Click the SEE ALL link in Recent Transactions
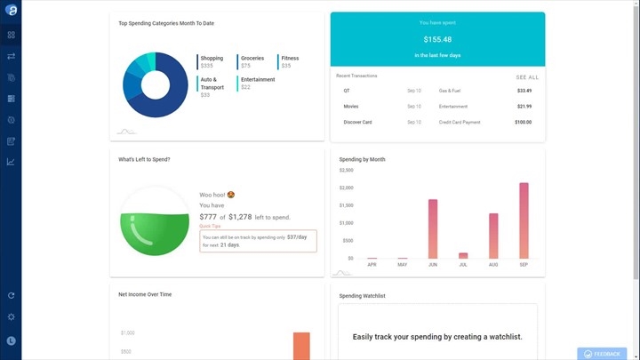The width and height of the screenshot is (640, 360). click(527, 77)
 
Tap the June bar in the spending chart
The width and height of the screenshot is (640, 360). click(433, 228)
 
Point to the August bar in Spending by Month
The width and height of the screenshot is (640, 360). click(493, 236)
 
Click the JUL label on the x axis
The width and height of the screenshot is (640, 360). click(463, 265)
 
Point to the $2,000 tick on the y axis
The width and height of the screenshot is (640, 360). click(346, 188)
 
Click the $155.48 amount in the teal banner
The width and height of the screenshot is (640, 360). click(437, 40)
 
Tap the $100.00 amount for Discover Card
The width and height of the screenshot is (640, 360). click(523, 122)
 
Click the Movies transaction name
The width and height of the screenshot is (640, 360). click(351, 106)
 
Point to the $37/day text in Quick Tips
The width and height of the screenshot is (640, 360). click(298, 237)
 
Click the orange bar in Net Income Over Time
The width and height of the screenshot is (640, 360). click(301, 346)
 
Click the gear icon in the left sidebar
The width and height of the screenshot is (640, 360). click(11, 317)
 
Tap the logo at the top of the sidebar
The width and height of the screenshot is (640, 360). click(11, 11)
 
